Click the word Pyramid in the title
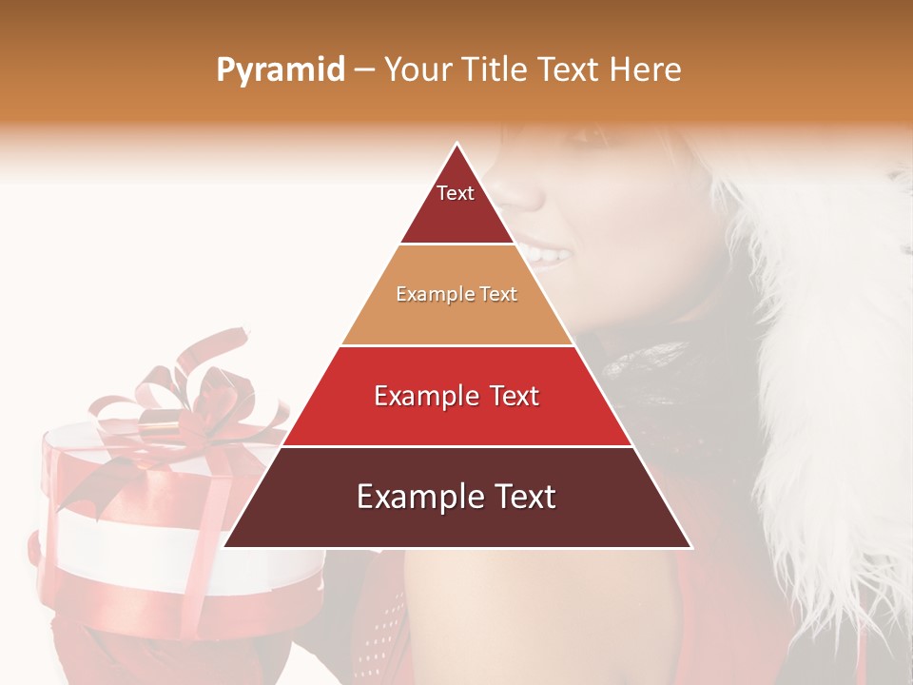click(x=280, y=70)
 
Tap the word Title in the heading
click(x=495, y=69)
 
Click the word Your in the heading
click(x=418, y=69)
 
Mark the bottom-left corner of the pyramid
click(x=225, y=546)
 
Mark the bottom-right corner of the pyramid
click(x=690, y=546)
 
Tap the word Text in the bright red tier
click(x=509, y=396)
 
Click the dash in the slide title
click(x=362, y=70)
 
